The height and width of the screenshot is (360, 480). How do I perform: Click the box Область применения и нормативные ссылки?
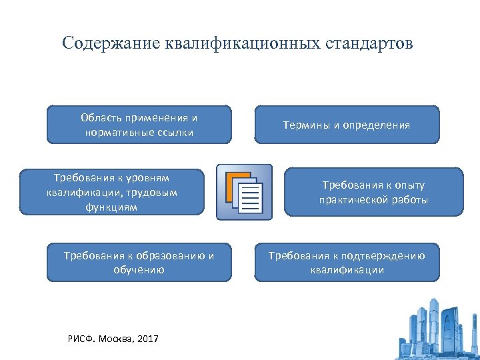point(139,125)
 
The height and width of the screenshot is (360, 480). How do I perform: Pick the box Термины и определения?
point(347,125)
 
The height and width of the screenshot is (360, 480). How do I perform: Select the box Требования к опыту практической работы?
point(373,192)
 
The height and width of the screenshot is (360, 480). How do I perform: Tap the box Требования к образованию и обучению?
point(139,263)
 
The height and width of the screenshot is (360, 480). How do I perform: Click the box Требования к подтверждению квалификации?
point(347,263)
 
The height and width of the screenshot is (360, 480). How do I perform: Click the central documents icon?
point(245,191)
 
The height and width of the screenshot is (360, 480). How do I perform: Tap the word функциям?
point(111,207)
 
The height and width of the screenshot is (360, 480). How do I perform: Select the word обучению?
point(139,270)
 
